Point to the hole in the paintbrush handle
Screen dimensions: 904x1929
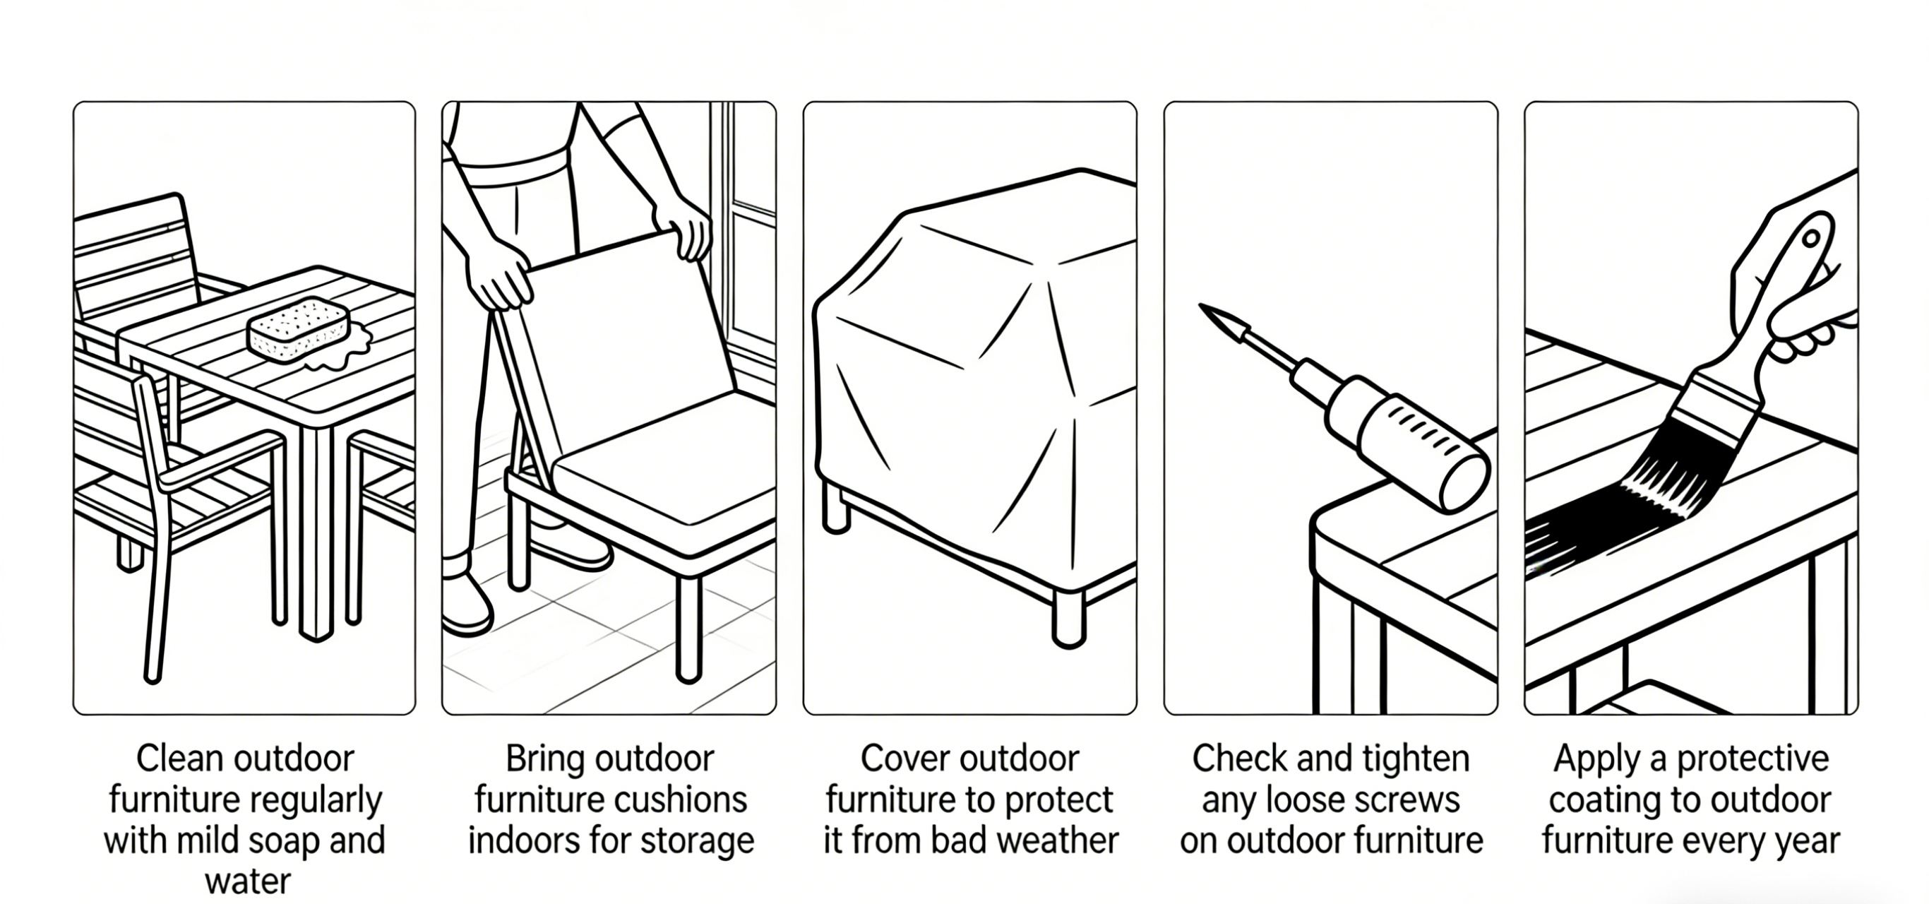tap(1810, 239)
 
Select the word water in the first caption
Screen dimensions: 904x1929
tap(248, 881)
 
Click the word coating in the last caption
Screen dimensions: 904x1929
tap(1591, 800)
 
